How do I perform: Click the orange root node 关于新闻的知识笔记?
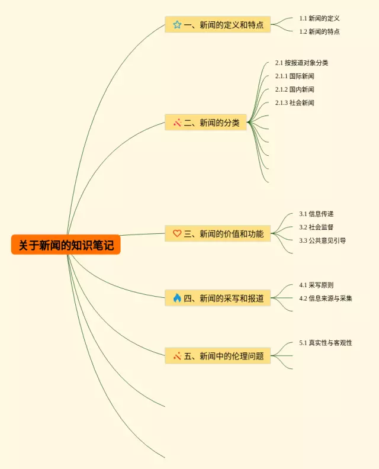(66, 245)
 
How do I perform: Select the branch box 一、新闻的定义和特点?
(218, 24)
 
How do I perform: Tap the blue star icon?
(177, 24)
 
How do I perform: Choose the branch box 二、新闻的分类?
(206, 123)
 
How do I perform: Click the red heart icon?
(177, 233)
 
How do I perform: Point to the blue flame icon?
(177, 298)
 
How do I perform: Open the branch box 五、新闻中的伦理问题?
(218, 356)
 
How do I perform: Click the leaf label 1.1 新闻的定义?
(319, 18)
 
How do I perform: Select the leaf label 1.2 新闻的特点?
(319, 32)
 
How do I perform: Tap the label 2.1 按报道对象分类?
(301, 63)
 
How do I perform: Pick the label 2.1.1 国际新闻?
(295, 76)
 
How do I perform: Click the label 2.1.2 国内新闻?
(295, 89)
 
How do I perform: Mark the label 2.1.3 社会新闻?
(295, 103)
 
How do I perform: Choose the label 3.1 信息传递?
(316, 214)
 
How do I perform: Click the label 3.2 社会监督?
(316, 227)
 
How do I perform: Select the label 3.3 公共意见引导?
(323, 240)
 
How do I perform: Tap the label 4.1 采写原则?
(316, 285)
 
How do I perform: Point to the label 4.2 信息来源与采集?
(326, 298)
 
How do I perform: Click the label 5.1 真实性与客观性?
(326, 343)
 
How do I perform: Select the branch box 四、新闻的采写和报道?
(218, 298)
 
